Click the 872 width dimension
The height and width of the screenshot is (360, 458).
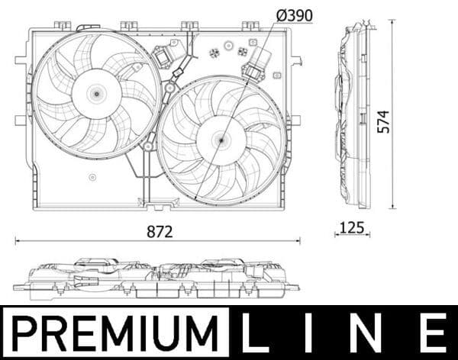pyautogui.click(x=160, y=232)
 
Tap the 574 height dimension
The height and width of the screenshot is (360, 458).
pyautogui.click(x=383, y=121)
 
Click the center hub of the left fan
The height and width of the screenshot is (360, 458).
pyautogui.click(x=96, y=93)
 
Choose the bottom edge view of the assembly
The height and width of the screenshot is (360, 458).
pyautogui.click(x=156, y=279)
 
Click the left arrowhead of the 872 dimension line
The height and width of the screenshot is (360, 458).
pyautogui.click(x=17, y=241)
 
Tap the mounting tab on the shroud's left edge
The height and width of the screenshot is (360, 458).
pyautogui.click(x=21, y=120)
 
